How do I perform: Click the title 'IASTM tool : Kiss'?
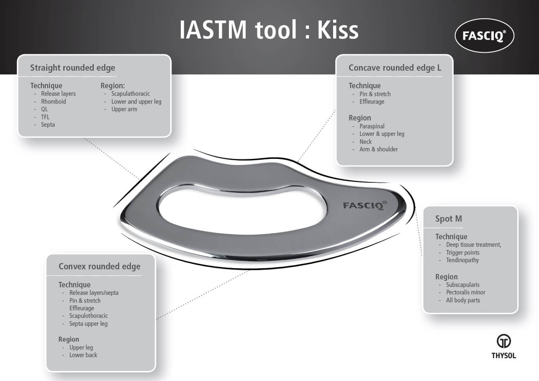269,30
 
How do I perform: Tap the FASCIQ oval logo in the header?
484,36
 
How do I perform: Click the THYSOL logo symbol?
503,341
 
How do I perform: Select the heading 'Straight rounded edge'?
72,68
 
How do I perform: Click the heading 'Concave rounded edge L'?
395,68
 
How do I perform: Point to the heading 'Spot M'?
448,219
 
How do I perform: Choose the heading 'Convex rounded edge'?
99,266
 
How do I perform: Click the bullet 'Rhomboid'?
53,102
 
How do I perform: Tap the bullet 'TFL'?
45,117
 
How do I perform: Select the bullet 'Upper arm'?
124,109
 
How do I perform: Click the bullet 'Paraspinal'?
372,126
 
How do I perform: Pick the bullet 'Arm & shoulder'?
378,149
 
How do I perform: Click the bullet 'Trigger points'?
462,253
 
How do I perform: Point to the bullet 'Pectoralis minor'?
465,292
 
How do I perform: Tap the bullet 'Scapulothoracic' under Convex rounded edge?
88,316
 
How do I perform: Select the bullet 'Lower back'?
83,355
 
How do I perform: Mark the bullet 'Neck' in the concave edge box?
365,142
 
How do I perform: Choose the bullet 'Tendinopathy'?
462,260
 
